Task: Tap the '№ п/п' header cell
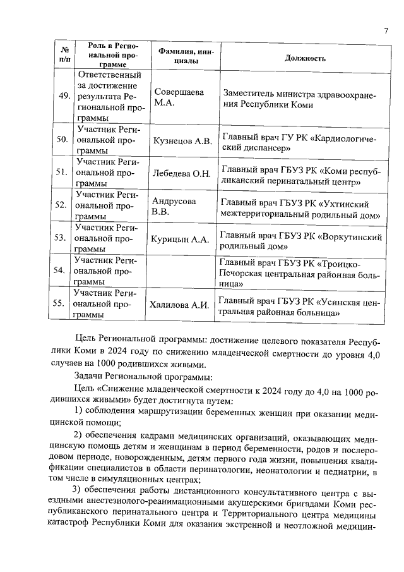pos(64,54)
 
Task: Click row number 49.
pos(64,96)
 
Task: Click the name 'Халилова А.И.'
pos(179,305)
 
